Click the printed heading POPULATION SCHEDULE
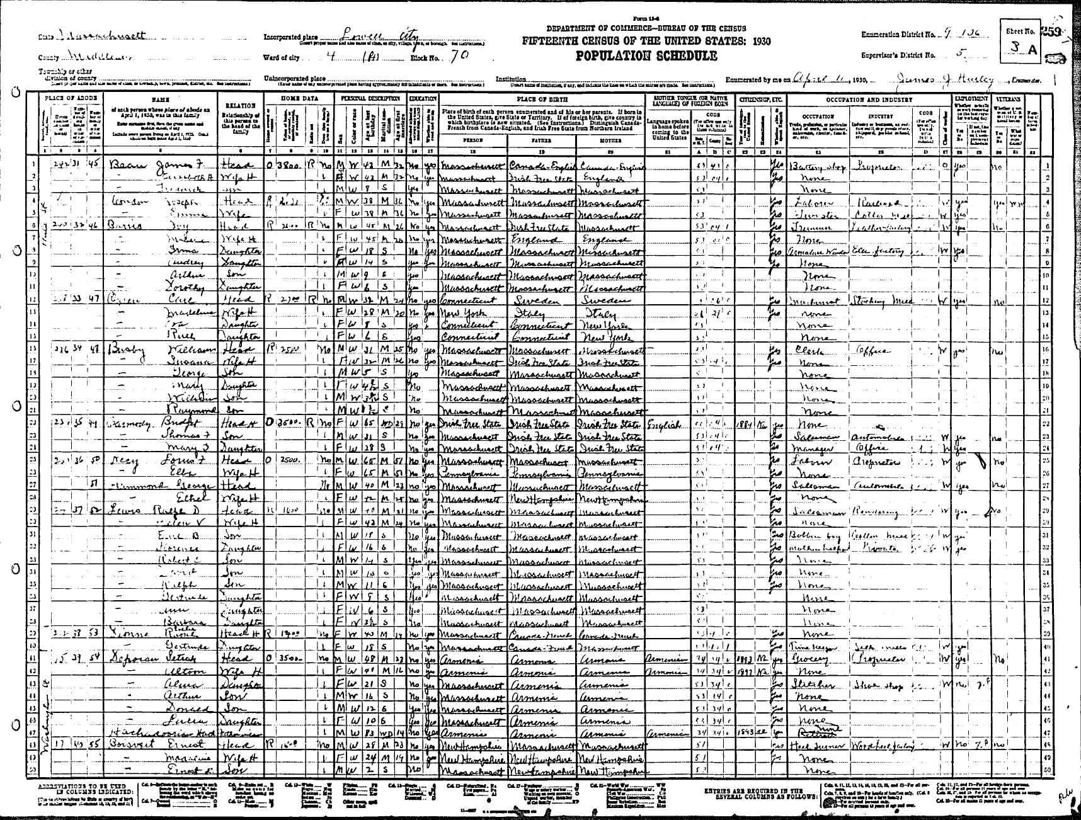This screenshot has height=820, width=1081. [646, 56]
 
